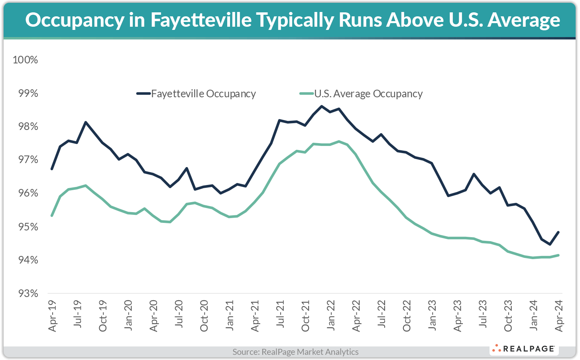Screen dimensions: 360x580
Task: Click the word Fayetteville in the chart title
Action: tap(201, 20)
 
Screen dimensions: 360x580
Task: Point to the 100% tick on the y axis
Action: tap(26, 60)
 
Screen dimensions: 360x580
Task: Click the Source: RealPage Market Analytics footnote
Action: tap(295, 352)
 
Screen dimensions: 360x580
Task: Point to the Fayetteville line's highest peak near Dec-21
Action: tap(322, 106)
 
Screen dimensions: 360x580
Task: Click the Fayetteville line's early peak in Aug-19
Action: tap(86, 122)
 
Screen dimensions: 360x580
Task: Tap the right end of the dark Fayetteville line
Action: tap(558, 232)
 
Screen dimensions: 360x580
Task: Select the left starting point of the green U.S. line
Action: tap(52, 216)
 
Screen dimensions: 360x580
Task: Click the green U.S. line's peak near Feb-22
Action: tap(339, 141)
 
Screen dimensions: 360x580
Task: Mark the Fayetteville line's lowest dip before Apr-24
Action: tap(550, 244)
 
